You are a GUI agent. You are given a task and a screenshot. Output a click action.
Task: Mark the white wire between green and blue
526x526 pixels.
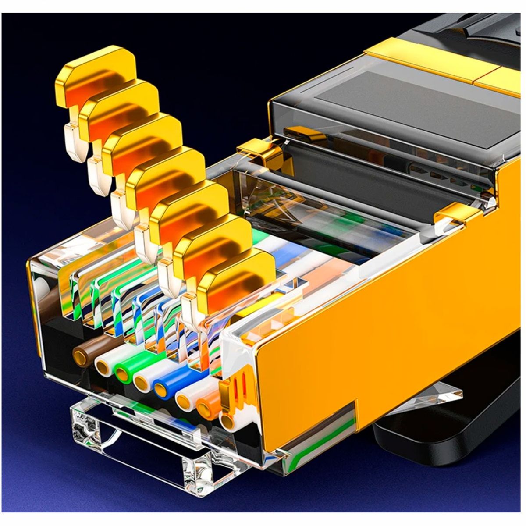143,381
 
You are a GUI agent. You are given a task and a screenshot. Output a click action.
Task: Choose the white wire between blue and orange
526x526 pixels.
185,399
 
